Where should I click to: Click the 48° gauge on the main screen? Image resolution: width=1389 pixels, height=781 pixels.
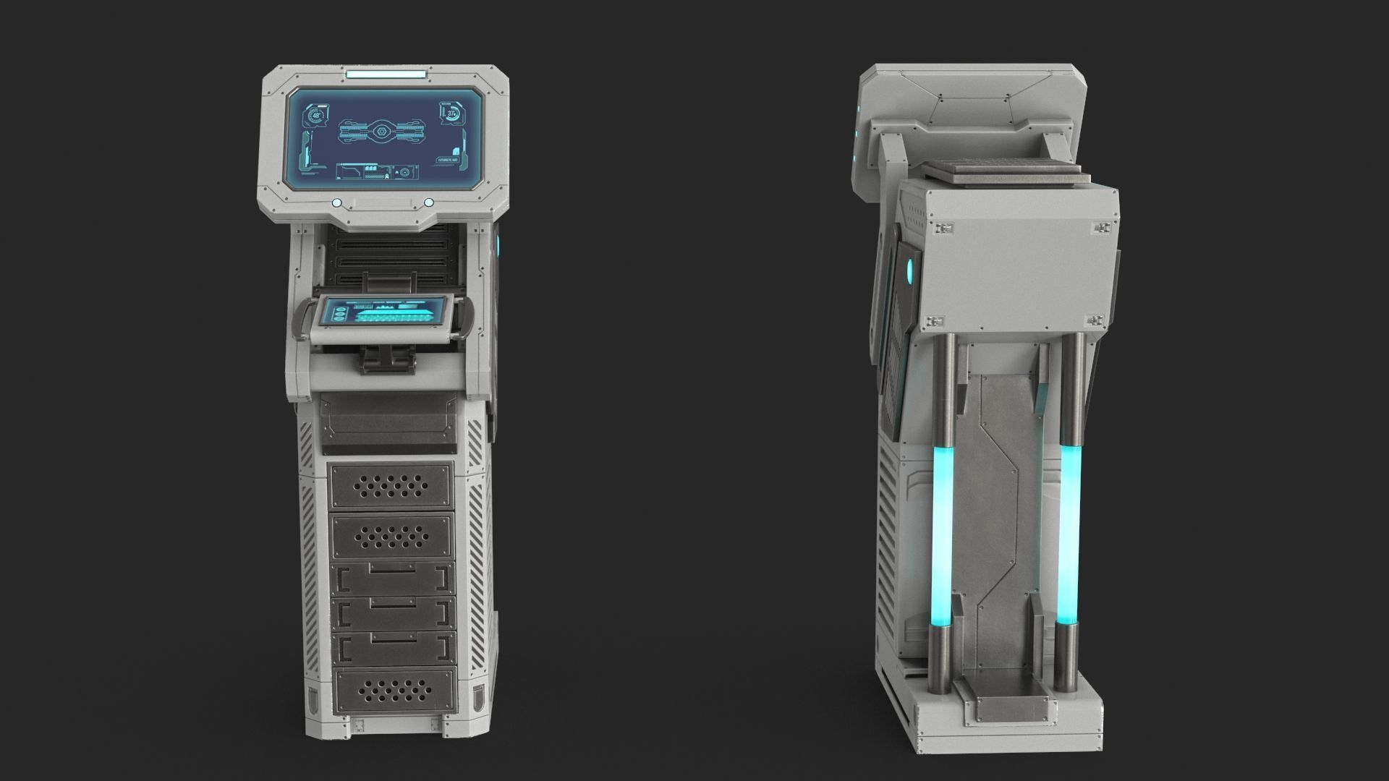(317, 116)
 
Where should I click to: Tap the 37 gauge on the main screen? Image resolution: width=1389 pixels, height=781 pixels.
(452, 114)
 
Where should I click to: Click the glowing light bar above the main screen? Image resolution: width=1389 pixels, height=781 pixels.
(386, 74)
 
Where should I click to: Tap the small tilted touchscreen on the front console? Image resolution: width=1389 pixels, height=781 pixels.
(384, 313)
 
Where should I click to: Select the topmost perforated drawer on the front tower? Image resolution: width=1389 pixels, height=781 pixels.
(391, 486)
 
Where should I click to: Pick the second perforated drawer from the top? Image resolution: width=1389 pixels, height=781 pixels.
(391, 536)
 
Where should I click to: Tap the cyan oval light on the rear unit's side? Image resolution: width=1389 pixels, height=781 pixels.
(910, 272)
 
